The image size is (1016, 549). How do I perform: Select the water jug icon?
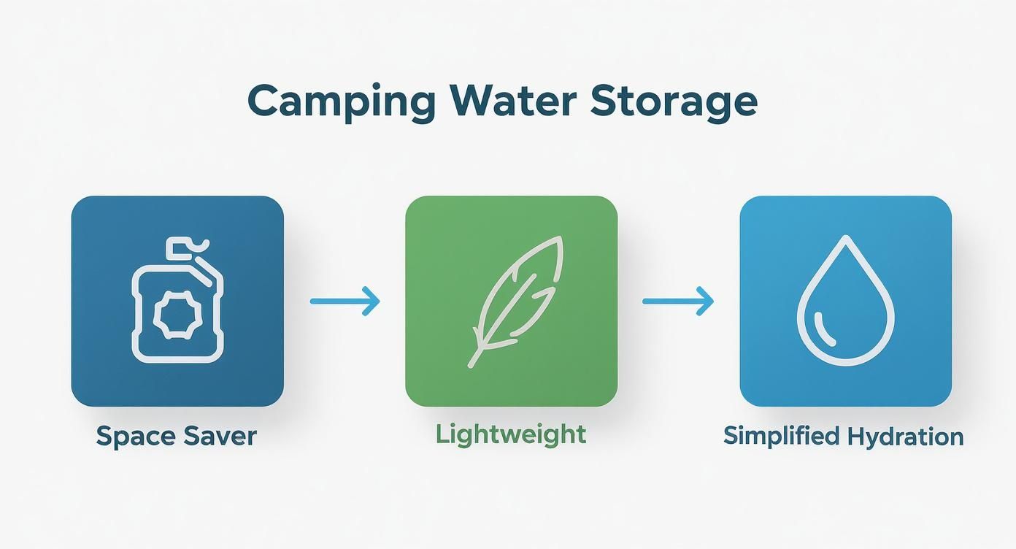click(177, 301)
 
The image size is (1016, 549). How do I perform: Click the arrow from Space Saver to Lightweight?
click(345, 301)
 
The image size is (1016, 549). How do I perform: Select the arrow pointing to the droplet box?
click(677, 301)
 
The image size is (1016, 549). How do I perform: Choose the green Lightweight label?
click(511, 434)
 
